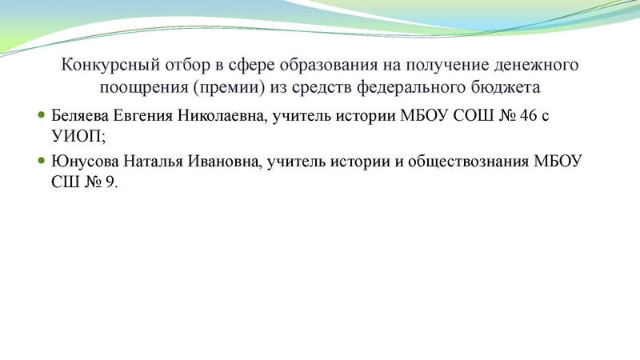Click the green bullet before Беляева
click(42, 116)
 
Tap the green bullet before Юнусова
click(42, 162)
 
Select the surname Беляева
click(79, 117)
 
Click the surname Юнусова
click(83, 162)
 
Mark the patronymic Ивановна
click(224, 162)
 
